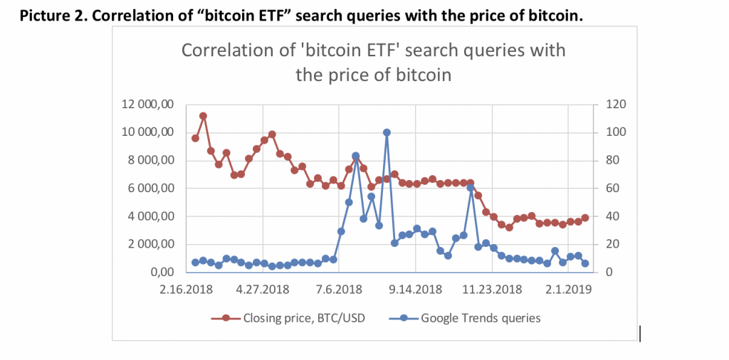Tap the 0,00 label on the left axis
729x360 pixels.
point(160,272)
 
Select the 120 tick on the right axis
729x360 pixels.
point(614,105)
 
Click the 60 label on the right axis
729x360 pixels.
point(611,189)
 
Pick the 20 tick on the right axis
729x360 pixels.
point(611,244)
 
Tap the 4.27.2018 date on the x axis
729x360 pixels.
point(263,290)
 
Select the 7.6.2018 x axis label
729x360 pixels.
point(338,290)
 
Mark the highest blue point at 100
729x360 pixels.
point(387,132)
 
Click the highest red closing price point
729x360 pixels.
point(203,115)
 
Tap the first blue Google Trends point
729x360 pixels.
point(195,263)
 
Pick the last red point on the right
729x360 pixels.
point(585,218)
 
